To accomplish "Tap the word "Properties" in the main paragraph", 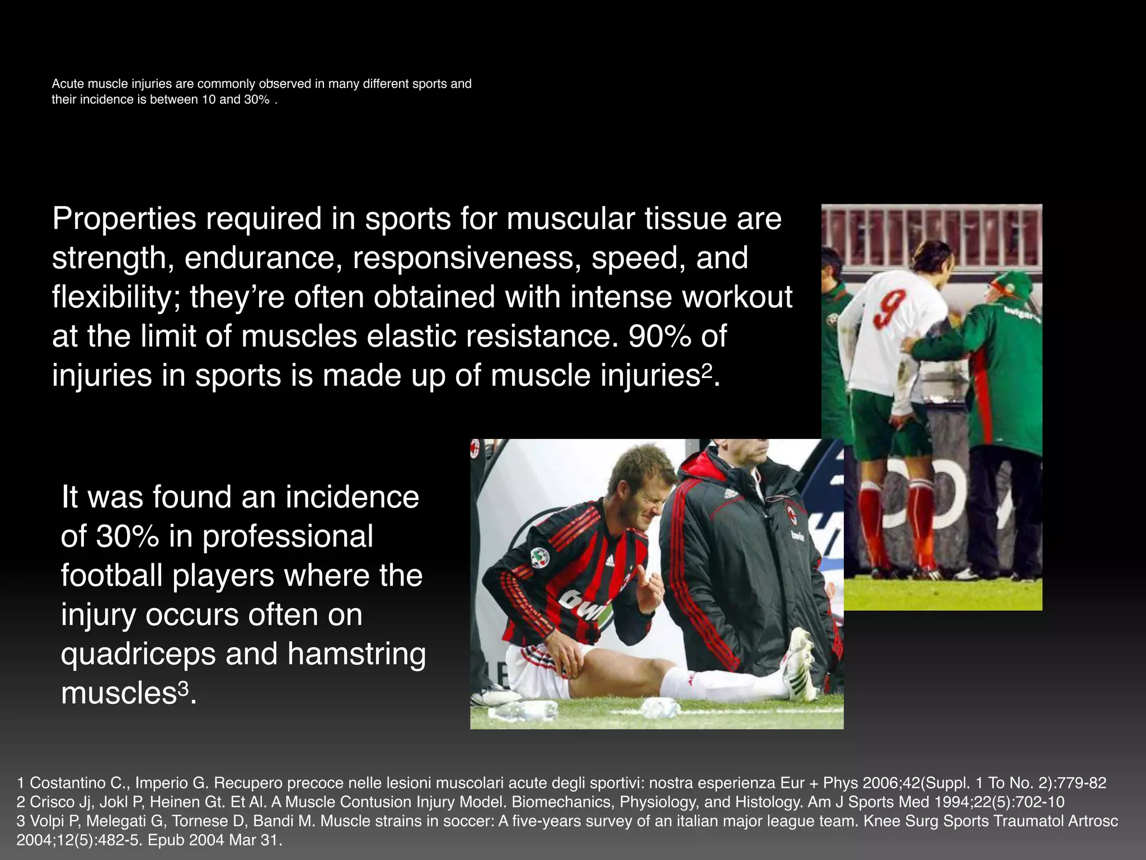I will [x=124, y=219].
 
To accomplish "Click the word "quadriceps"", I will [x=138, y=654].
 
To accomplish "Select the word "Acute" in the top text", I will [x=67, y=84].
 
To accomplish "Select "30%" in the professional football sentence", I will [x=128, y=536].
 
